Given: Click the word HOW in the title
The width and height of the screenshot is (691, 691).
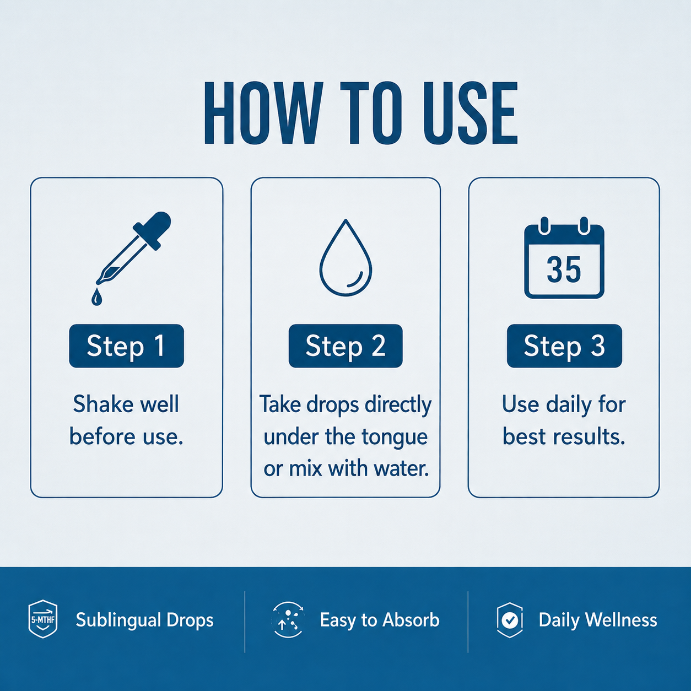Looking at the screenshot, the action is click(x=261, y=113).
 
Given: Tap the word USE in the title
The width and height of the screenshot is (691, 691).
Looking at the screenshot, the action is click(x=470, y=113).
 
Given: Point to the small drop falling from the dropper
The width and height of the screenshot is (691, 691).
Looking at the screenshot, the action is click(x=96, y=298).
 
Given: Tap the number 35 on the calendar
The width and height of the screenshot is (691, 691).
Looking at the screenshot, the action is click(x=564, y=269).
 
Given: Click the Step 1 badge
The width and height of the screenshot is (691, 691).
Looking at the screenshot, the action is click(x=126, y=345).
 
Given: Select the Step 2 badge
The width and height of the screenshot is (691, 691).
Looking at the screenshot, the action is click(x=345, y=345).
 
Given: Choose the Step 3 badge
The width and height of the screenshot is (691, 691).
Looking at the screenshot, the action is click(x=564, y=345).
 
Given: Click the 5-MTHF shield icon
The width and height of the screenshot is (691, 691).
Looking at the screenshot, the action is click(x=42, y=619).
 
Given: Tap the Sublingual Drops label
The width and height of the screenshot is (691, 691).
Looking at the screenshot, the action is click(x=144, y=620).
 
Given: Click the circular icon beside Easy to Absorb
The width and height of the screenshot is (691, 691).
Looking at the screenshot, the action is click(x=288, y=620).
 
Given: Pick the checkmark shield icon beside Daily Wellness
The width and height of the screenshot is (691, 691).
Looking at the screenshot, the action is click(x=510, y=620).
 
